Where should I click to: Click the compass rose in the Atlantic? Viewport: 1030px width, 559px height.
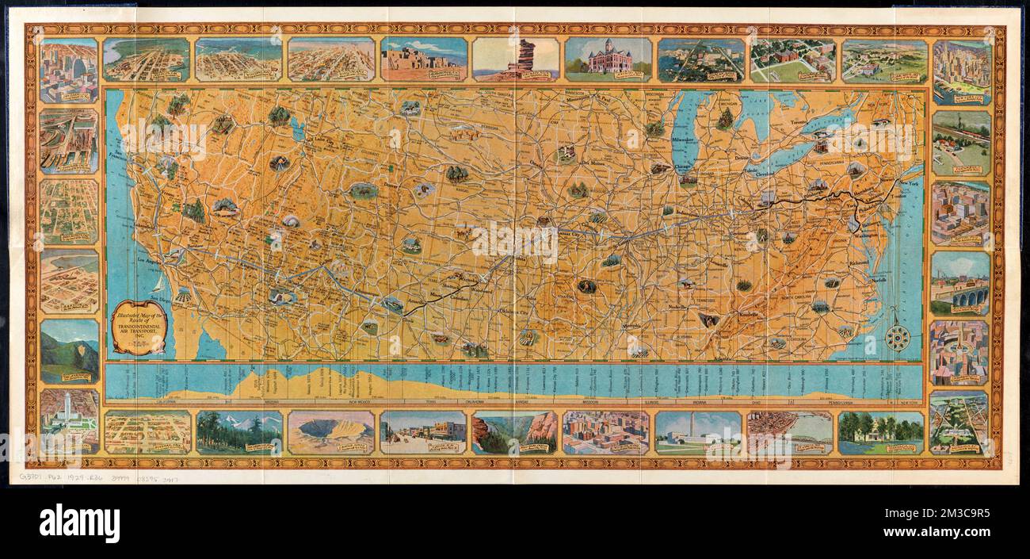click(x=896, y=338)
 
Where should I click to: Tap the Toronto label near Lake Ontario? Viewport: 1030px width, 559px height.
click(x=797, y=124)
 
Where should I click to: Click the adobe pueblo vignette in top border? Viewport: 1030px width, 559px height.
click(x=423, y=59)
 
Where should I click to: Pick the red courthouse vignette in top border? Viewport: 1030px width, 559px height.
click(x=608, y=59)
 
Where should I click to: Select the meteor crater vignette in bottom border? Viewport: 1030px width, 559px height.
click(x=330, y=432)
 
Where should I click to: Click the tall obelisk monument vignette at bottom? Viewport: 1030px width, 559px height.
click(x=698, y=432)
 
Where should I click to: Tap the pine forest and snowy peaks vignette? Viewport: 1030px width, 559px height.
click(x=238, y=432)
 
